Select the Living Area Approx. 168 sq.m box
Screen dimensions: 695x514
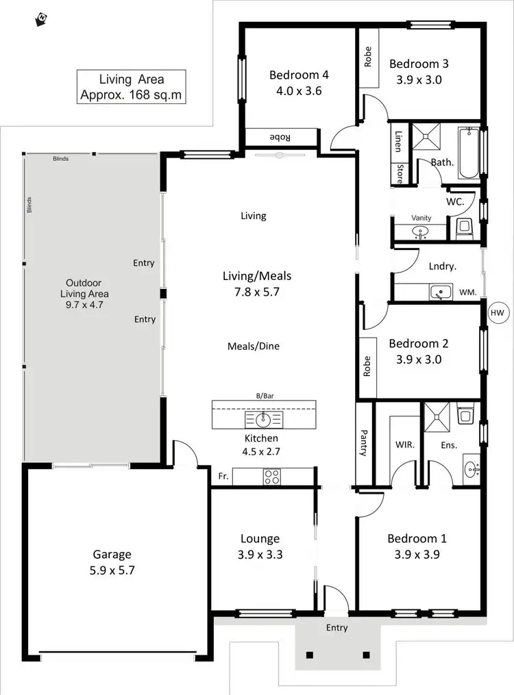(132, 87)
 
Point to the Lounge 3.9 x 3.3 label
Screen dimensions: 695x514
(260, 546)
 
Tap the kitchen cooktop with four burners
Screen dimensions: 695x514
(271, 477)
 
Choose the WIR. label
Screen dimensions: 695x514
(405, 444)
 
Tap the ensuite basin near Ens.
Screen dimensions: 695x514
(471, 470)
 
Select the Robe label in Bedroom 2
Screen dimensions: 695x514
(367, 368)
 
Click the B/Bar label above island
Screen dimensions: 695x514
(264, 396)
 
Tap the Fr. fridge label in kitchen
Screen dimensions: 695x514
(223, 475)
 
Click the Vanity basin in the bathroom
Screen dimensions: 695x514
(421, 232)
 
